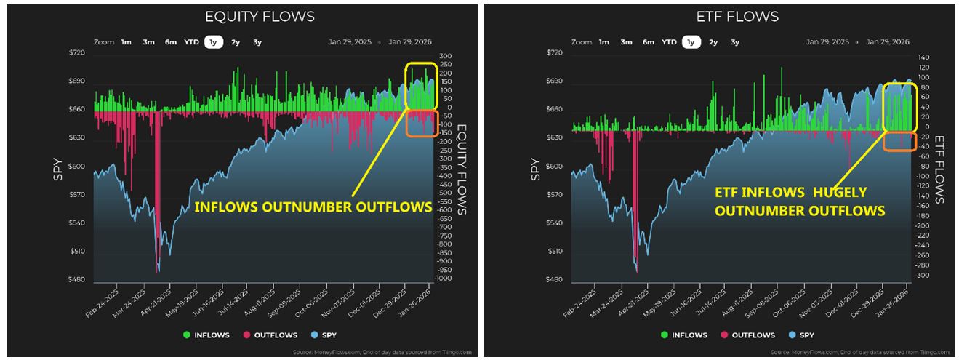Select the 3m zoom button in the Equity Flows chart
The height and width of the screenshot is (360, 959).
149,42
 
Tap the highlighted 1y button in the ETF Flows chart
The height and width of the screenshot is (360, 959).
691,42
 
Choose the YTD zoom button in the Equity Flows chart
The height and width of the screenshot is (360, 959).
193,42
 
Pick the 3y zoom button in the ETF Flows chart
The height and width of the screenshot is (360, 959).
735,42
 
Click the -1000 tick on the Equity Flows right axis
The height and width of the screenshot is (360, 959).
445,279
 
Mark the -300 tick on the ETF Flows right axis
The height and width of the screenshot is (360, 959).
922,276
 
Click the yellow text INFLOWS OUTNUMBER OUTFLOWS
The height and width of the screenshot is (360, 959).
313,207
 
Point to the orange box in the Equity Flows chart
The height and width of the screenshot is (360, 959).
422,124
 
